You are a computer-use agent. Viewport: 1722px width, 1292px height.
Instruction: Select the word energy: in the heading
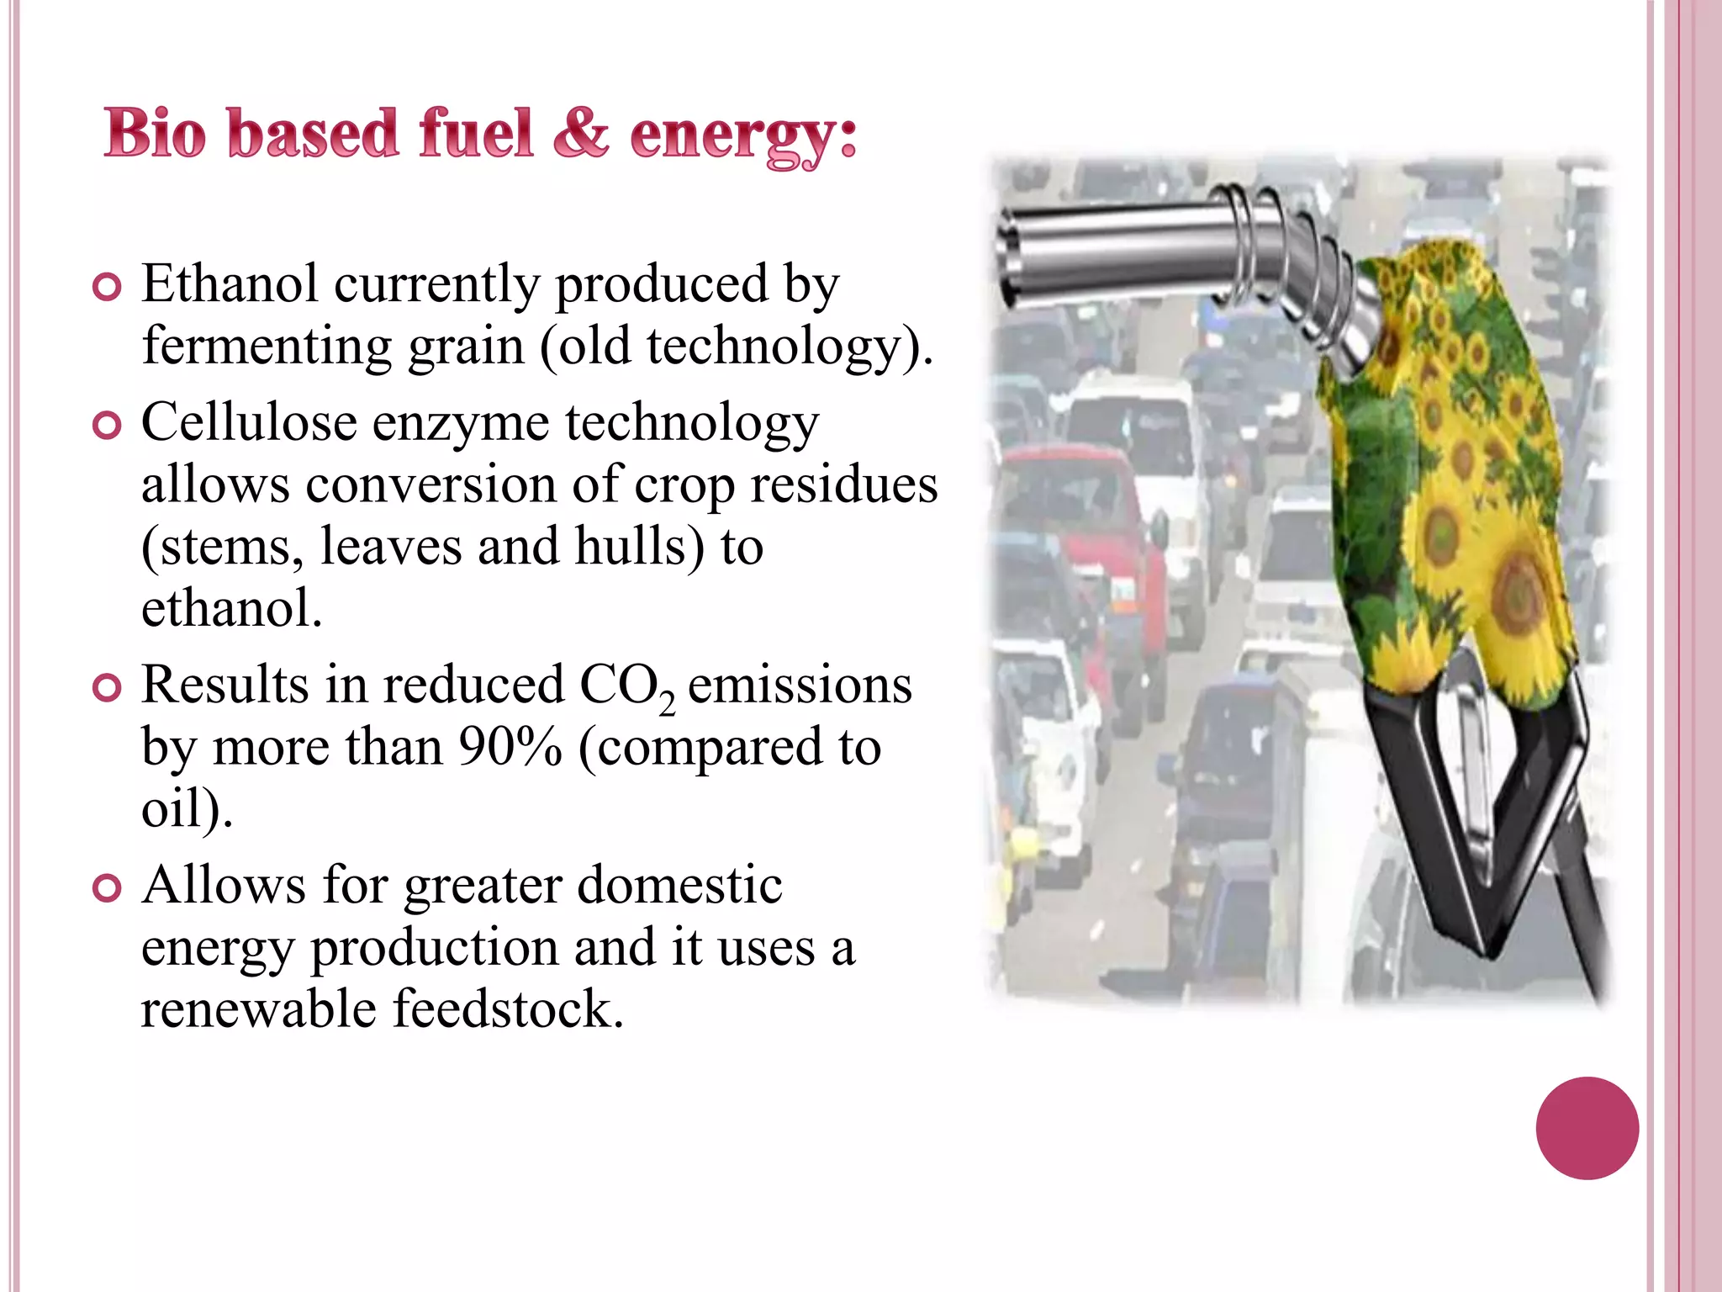click(x=743, y=136)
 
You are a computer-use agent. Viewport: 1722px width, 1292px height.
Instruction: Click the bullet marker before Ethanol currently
click(x=107, y=288)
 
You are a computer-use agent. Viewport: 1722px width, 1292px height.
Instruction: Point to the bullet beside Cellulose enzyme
click(x=107, y=426)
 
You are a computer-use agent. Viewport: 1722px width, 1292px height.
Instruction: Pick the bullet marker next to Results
click(x=107, y=688)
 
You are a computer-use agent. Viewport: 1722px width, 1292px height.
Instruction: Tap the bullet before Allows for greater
click(x=107, y=888)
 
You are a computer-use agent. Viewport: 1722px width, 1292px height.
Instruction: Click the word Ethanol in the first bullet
click(x=230, y=283)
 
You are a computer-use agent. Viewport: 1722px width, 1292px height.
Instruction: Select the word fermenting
click(x=266, y=346)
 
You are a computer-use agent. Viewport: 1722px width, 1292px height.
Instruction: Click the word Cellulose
click(x=249, y=421)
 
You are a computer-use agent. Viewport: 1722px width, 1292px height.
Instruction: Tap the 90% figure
click(x=510, y=747)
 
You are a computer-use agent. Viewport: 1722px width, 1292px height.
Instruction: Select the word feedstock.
click(x=508, y=1009)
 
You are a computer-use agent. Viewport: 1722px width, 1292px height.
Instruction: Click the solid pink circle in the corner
click(x=1587, y=1128)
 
